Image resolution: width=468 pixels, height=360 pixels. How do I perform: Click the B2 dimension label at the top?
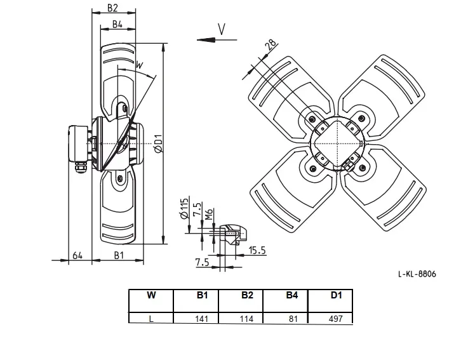coord(112,8)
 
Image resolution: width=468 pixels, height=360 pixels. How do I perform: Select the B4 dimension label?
coord(117,24)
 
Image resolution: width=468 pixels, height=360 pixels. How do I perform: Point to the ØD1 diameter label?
coord(159,143)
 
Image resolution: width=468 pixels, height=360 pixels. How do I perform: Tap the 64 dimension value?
coord(77,255)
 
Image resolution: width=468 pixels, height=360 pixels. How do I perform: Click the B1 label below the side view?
coord(119,255)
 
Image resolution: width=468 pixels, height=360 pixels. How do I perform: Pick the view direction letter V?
coord(222,29)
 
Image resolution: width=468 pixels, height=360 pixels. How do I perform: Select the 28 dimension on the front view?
coord(271,44)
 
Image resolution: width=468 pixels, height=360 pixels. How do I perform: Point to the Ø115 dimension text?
coord(185,208)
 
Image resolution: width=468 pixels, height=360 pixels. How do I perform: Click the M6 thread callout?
coord(209,214)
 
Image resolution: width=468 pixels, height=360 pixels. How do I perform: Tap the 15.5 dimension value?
coord(257,250)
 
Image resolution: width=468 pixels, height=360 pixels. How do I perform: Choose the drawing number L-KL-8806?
coord(417,274)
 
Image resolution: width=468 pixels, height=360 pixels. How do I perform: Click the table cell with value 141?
coord(201,319)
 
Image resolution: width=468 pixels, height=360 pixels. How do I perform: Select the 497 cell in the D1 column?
coord(336,319)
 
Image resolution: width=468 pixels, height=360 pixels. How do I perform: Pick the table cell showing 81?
coord(293,319)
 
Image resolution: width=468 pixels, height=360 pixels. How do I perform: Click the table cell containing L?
coord(151,319)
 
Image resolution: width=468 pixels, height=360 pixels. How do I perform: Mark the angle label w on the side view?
coord(140,65)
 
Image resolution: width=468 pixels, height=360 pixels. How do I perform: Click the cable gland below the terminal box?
coord(80,167)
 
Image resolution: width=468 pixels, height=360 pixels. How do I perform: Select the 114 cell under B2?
coord(246,319)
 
